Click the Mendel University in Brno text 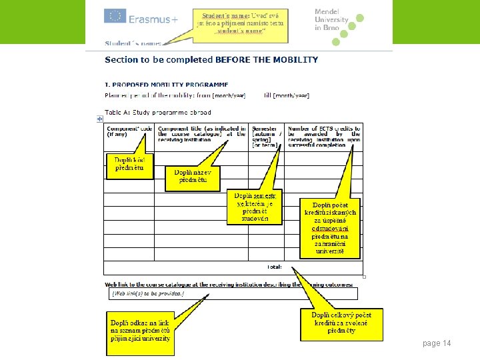click(331, 20)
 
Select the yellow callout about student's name click(239, 22)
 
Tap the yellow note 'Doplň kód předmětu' click(129, 165)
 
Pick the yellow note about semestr click(255, 207)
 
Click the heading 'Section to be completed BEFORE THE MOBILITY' click(211, 60)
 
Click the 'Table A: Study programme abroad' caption click(158, 112)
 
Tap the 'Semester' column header click(266, 137)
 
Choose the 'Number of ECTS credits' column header click(324, 137)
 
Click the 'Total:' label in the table click(274, 267)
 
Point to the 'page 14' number click(437, 343)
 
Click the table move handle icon click(100, 119)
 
